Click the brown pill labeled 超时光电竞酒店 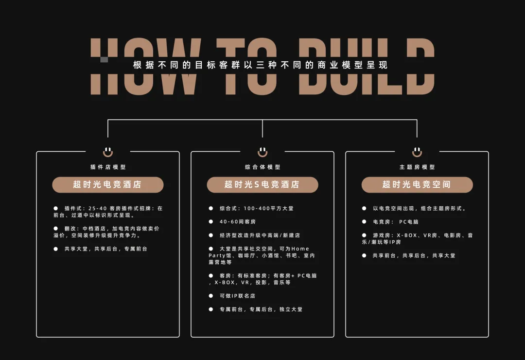[107, 185]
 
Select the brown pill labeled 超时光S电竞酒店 [262, 185]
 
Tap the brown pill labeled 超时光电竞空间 [417, 185]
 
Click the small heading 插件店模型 [108, 167]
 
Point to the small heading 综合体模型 [262, 167]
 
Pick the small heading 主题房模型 [417, 167]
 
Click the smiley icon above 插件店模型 [108, 152]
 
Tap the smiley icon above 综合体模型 [262, 152]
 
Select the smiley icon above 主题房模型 [417, 152]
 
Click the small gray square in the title [104, 60]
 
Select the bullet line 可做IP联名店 [237, 296]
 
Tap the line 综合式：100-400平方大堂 [256, 209]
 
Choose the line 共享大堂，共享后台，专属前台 [105, 249]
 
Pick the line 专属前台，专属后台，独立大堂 [261, 309]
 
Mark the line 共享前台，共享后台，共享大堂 [414, 256]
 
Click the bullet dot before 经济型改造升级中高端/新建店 [211, 235]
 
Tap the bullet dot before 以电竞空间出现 [364, 209]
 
